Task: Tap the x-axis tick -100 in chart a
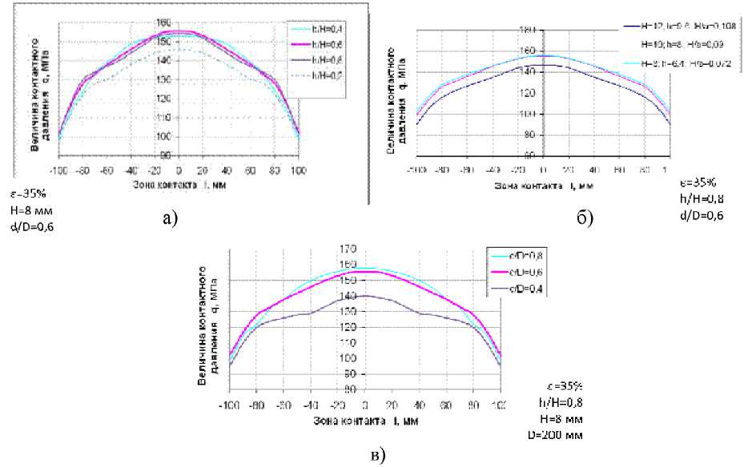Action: click(x=60, y=170)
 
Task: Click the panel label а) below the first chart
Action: click(x=168, y=217)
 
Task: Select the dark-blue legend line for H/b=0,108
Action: click(x=637, y=26)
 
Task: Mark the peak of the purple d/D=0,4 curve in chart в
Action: click(x=364, y=296)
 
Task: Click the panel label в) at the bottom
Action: click(x=376, y=455)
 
